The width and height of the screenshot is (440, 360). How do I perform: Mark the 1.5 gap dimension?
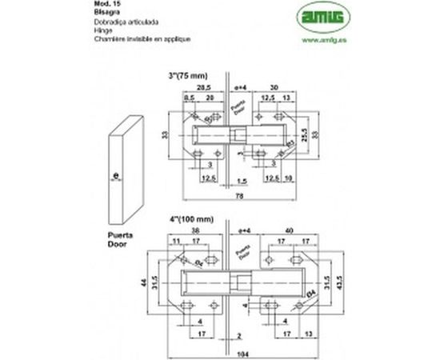[239, 180]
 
